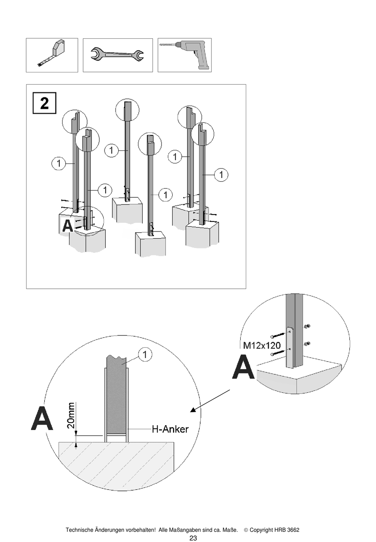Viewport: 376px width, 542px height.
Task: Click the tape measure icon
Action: (x=51, y=53)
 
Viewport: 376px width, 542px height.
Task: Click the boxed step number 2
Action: (x=45, y=103)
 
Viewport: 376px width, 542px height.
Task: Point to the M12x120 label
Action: (x=262, y=345)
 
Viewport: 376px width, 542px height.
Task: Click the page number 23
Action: (x=193, y=538)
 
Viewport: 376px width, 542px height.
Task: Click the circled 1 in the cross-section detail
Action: (x=145, y=355)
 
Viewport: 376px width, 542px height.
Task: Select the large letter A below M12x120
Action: (x=243, y=367)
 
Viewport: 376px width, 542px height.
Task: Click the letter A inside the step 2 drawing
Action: (x=68, y=226)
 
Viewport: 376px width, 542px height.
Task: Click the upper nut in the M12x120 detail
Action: (x=308, y=327)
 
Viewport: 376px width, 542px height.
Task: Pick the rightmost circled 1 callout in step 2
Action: (x=221, y=174)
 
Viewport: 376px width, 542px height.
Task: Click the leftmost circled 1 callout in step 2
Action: (x=59, y=163)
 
